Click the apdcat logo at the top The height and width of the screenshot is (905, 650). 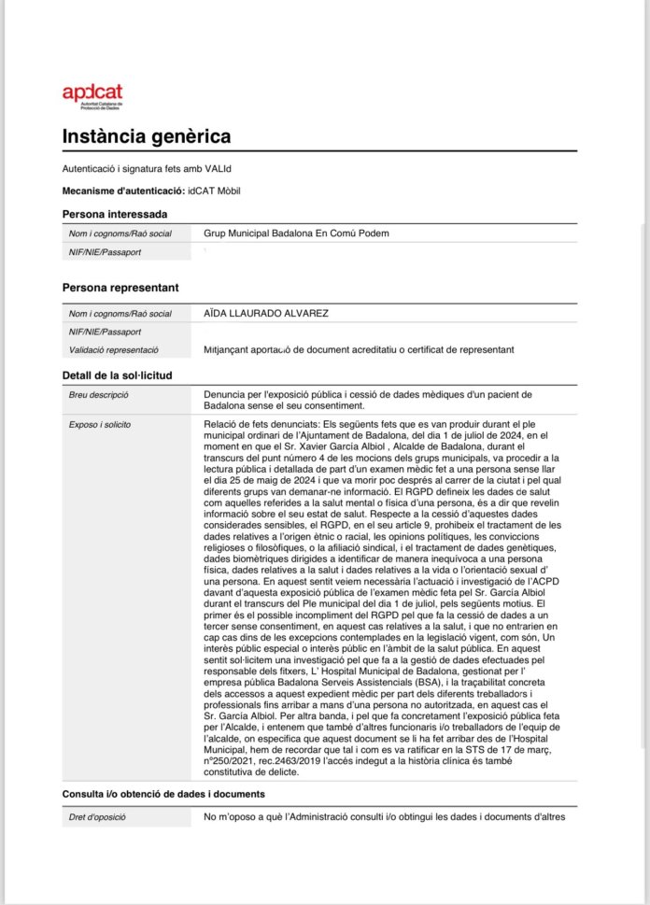(92, 93)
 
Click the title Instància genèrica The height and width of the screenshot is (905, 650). (146, 136)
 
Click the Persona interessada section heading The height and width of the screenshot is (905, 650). (115, 214)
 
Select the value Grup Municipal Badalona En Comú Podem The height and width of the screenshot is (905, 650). (295, 233)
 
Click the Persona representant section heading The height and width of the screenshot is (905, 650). (120, 288)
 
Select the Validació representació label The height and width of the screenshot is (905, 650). (113, 349)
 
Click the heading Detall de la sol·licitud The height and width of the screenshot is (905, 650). (117, 375)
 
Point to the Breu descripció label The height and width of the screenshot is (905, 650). (99, 395)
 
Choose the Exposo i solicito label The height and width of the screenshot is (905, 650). (100, 424)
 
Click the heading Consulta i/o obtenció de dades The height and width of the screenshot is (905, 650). (163, 794)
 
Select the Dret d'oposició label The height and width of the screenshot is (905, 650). (96, 818)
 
